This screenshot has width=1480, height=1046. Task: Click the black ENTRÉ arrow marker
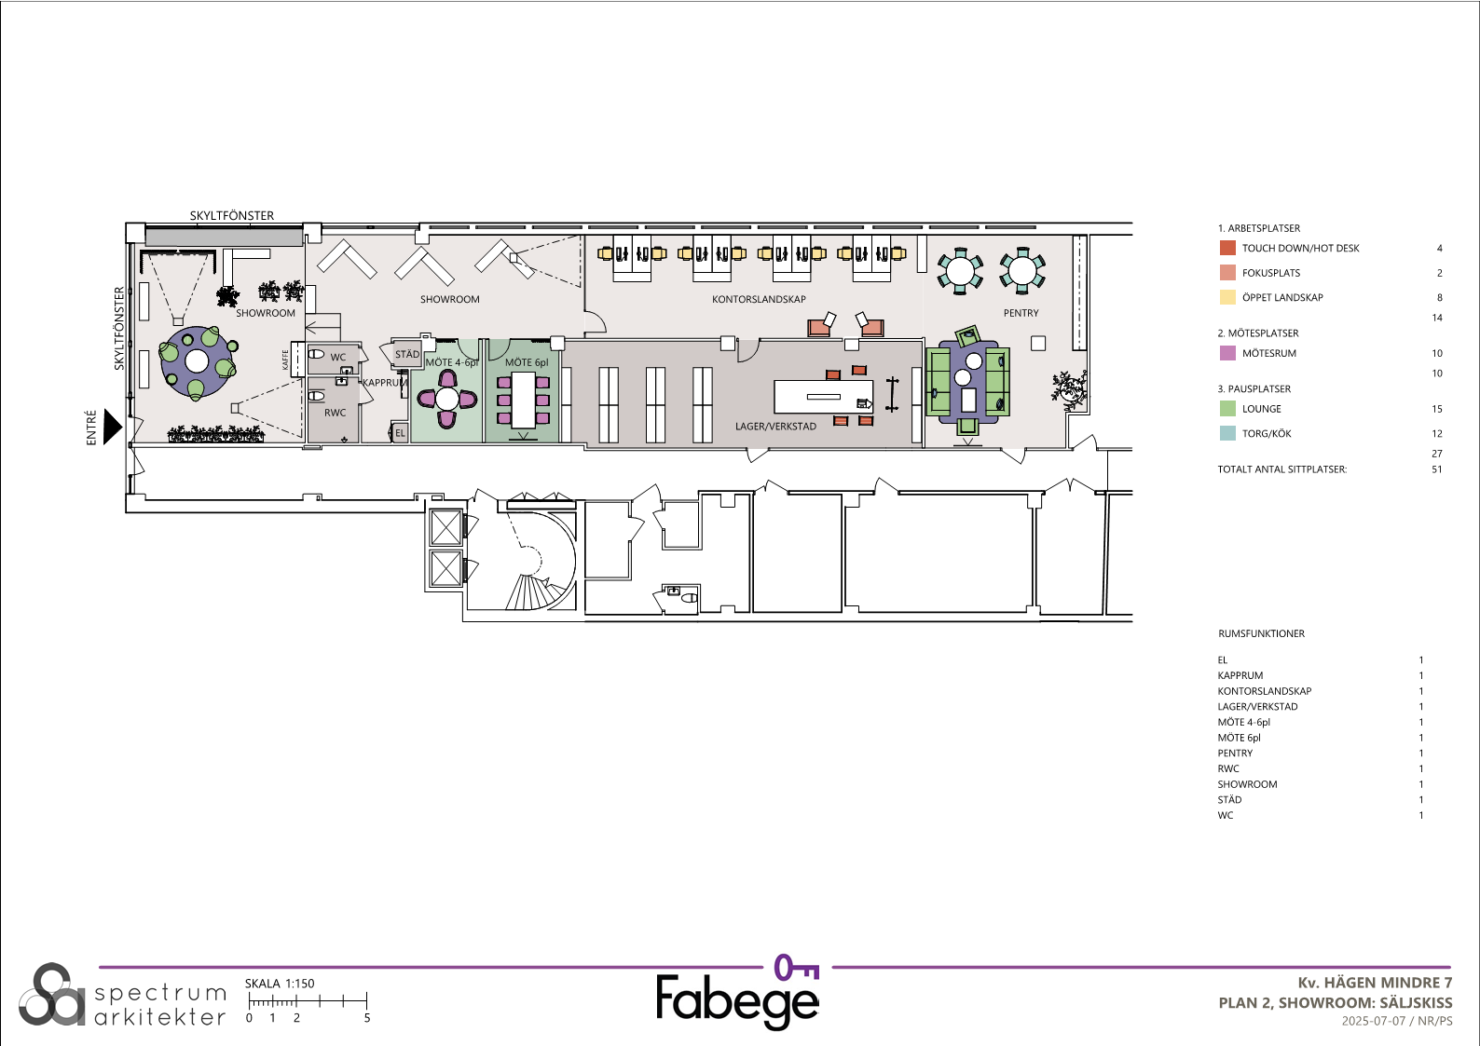[x=112, y=428]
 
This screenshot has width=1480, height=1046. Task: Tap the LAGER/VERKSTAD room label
[x=775, y=427]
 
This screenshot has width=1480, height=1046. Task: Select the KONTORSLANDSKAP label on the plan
[x=759, y=299]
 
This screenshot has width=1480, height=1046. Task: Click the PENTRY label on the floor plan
[x=1021, y=313]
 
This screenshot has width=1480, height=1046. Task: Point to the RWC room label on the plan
[x=335, y=413]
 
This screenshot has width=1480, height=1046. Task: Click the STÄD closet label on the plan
[x=407, y=354]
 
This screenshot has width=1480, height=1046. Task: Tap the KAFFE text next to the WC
[x=285, y=360]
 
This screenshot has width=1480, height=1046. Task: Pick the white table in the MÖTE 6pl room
[x=523, y=401]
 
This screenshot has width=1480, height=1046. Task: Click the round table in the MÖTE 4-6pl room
[x=447, y=399]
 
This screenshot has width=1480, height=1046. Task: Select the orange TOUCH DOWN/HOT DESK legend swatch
[x=1227, y=249]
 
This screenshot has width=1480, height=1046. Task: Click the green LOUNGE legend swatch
[x=1227, y=409]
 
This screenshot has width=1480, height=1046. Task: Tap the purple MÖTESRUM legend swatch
[x=1227, y=353]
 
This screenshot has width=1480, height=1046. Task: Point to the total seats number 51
[x=1437, y=469]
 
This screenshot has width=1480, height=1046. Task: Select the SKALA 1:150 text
[x=280, y=984]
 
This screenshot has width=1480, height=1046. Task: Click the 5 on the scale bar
[x=367, y=1018]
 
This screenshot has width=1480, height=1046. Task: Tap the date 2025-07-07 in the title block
[x=1374, y=1021]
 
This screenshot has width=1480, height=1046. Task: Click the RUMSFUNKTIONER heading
[x=1261, y=633]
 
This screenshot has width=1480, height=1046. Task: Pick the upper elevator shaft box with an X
[x=445, y=527]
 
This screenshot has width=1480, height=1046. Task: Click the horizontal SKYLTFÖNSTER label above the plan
[x=232, y=216]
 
